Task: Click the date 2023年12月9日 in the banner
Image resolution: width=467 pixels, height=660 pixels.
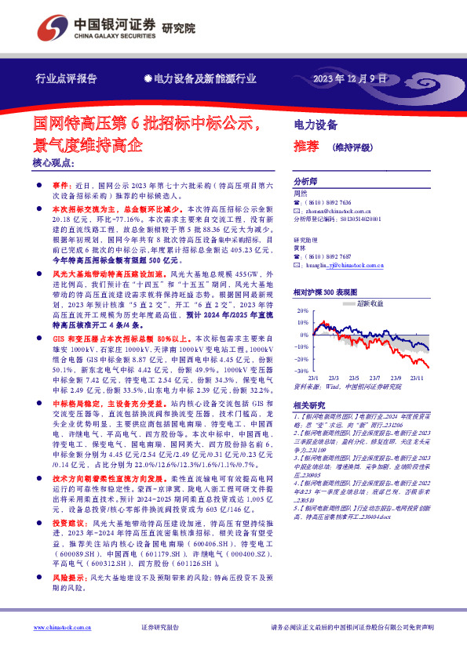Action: coord(350,79)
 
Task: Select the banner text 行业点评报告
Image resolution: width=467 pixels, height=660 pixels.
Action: coord(67,79)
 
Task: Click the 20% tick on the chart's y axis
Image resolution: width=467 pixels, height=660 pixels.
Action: coord(302,311)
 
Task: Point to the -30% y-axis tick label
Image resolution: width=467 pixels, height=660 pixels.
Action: coord(301,371)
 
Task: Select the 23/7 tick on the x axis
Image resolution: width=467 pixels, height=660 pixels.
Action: coord(377,377)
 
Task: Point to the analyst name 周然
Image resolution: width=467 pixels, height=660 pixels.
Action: coord(300,192)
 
